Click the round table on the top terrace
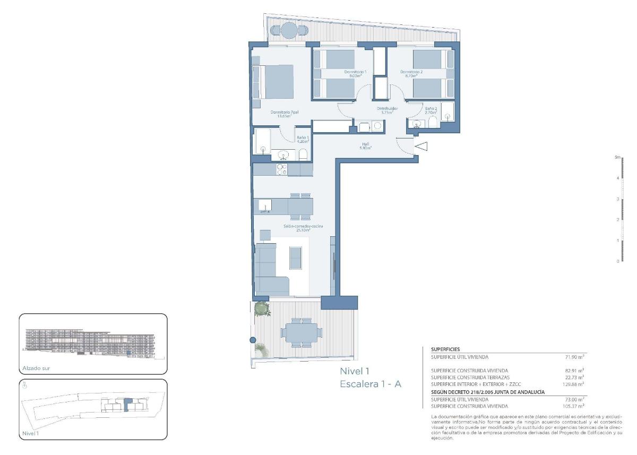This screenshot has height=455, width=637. click(x=289, y=31)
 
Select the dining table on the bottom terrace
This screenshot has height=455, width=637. click(x=301, y=333)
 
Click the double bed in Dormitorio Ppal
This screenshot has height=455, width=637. click(x=276, y=82)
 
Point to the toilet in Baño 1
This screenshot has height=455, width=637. click(x=303, y=154)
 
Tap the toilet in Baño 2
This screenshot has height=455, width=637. click(x=433, y=124)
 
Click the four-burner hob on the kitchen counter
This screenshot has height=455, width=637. click(x=281, y=169)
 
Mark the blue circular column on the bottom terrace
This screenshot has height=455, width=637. click(x=253, y=340)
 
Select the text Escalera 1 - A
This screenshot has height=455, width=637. click(x=370, y=384)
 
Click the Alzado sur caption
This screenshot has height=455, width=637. click(x=36, y=368)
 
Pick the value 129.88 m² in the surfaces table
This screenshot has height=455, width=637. click(x=574, y=383)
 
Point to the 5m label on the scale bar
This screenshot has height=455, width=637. click(x=617, y=157)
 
